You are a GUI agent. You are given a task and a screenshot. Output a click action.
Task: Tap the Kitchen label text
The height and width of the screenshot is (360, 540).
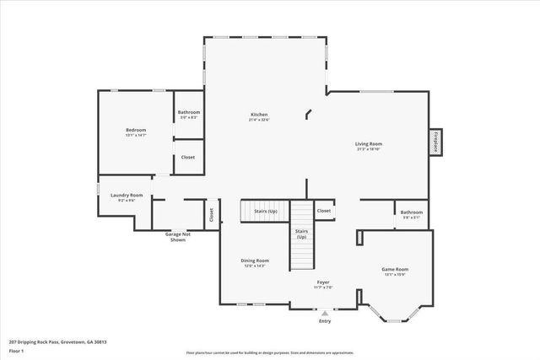pyautogui.click(x=259, y=116)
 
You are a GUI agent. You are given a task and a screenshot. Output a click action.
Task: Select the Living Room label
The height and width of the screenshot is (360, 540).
pyautogui.click(x=369, y=146)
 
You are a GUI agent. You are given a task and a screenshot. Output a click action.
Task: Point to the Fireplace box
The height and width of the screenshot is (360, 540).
pyautogui.click(x=435, y=142)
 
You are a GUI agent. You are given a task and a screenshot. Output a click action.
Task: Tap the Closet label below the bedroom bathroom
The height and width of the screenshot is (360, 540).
pyautogui.click(x=188, y=157)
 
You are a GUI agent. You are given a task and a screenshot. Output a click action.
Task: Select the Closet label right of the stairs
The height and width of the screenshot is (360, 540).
pyautogui.click(x=324, y=211)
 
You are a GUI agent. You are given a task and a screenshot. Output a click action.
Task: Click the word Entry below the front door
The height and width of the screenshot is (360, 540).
pyautogui.click(x=325, y=321)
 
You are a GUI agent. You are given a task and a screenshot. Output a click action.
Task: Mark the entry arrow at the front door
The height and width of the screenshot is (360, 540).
pyautogui.click(x=325, y=312)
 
